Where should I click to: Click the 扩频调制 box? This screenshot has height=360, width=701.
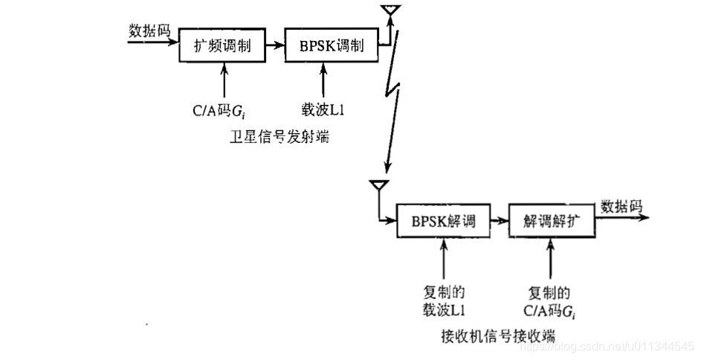224,47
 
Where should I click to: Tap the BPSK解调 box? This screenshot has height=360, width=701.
442,220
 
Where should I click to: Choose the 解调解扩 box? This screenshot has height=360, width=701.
552,220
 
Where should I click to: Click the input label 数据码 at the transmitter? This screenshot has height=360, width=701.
149,30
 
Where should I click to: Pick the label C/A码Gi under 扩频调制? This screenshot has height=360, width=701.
218,111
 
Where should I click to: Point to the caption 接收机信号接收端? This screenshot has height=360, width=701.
497,334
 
